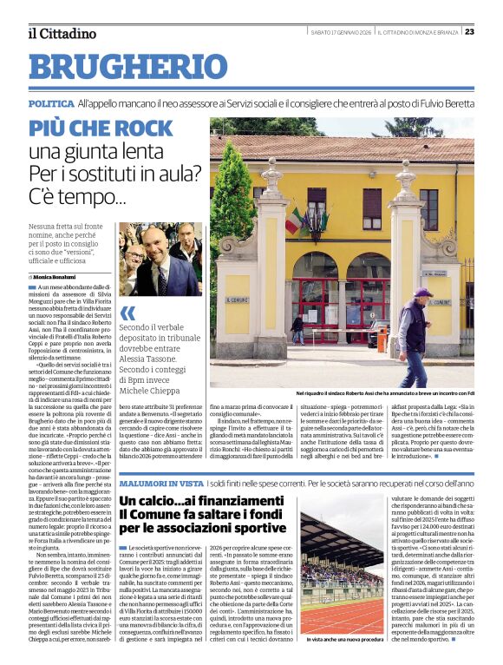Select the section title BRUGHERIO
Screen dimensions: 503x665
coord(121,67)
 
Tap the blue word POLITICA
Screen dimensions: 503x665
coord(50,103)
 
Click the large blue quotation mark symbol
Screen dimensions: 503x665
coord(128,313)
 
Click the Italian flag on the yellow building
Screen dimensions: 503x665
coord(294,221)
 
